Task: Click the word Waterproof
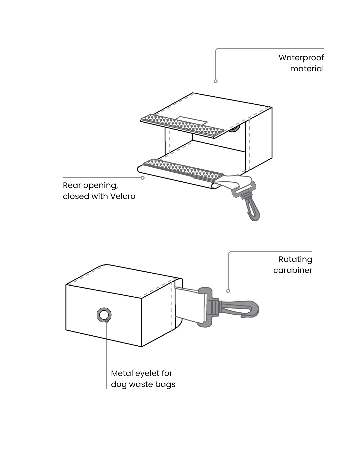point(301,58)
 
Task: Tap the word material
point(307,69)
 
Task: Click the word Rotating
point(295,259)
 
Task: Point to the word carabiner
point(293,270)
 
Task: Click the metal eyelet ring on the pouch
point(104,315)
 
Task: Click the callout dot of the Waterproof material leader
point(216,81)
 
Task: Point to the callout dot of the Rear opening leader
point(143,178)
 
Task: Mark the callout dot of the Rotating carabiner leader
point(228,291)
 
